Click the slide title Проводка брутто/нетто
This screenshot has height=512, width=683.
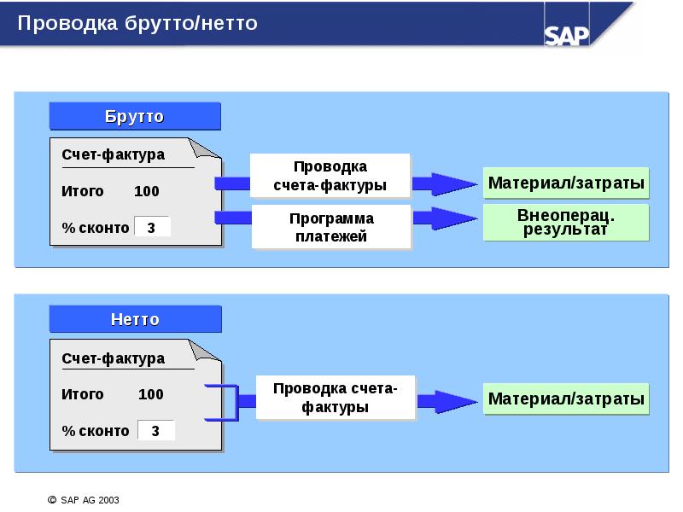click(x=137, y=23)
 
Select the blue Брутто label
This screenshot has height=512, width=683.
click(x=134, y=116)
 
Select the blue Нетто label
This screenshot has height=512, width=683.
click(x=135, y=319)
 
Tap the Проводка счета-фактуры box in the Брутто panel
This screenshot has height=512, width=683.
click(x=330, y=175)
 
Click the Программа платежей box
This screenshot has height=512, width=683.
click(x=330, y=227)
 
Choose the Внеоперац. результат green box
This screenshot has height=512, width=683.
click(x=566, y=222)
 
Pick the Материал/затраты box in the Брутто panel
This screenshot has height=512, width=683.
click(x=566, y=183)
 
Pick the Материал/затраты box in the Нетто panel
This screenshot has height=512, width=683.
click(x=566, y=399)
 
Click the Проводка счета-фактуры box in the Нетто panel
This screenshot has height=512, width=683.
click(x=334, y=398)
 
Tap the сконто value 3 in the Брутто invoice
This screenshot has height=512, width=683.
click(x=152, y=227)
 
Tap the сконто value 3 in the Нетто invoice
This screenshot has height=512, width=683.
click(x=155, y=431)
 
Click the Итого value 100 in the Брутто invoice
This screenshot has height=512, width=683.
click(x=146, y=191)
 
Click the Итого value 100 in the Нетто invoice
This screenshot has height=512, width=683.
click(x=150, y=394)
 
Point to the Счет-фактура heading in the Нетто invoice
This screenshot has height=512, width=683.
click(x=113, y=358)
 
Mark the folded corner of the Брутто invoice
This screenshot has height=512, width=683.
click(x=207, y=149)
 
